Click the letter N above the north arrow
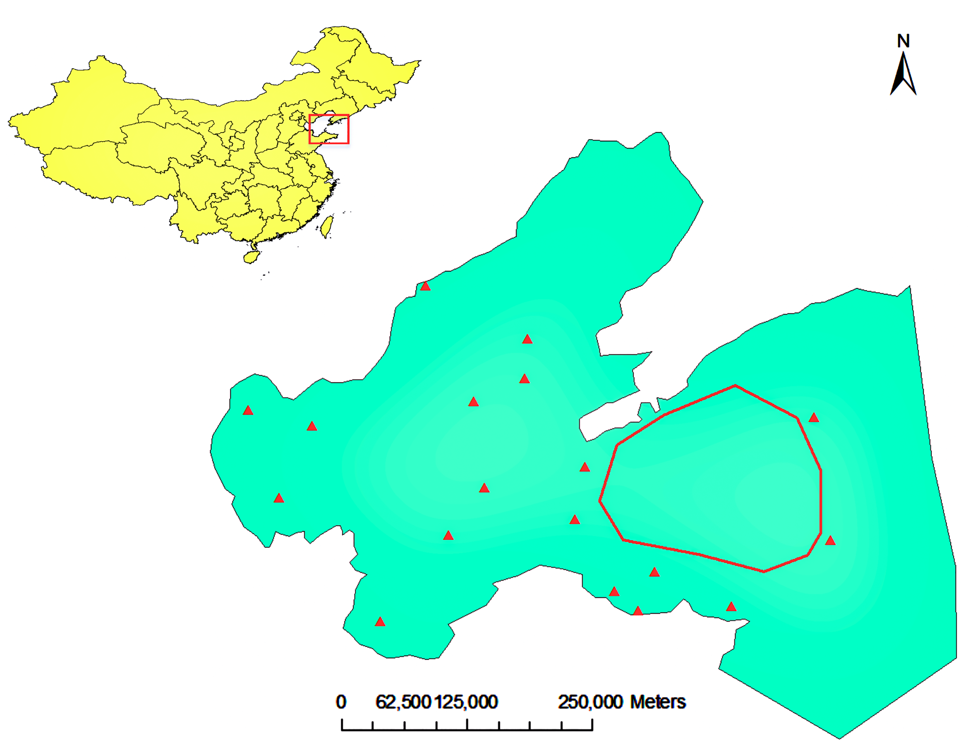(x=903, y=41)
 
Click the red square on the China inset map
(x=329, y=129)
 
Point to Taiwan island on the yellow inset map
(x=327, y=226)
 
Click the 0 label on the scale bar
(x=341, y=702)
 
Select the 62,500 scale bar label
(x=403, y=702)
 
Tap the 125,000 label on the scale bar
(x=467, y=702)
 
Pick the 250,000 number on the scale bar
(x=590, y=702)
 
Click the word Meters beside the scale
(x=658, y=702)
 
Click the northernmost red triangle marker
(x=425, y=286)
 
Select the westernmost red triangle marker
(x=248, y=411)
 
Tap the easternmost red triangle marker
(x=830, y=540)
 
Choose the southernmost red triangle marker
(x=380, y=622)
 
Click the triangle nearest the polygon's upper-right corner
(x=814, y=418)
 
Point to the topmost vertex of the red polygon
(x=735, y=386)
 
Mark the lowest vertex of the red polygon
(x=764, y=571)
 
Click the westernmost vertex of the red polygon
(x=599, y=501)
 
